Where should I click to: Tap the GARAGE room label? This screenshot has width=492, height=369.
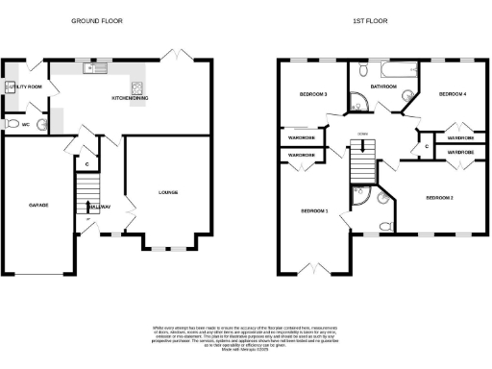coord(40,206)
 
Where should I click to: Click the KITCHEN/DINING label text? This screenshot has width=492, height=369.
coord(129,97)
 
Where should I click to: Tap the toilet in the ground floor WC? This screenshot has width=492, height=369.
coord(11,124)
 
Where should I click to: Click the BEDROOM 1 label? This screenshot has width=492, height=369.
coord(313,210)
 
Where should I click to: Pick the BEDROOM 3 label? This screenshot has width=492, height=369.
coord(313,94)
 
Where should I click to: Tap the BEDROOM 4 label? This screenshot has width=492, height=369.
coord(452,94)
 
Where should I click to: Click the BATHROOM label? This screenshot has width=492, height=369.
coord(383,86)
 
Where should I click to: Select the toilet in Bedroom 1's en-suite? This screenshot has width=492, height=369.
coord(383,226)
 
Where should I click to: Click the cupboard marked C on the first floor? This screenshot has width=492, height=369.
coord(426,146)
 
